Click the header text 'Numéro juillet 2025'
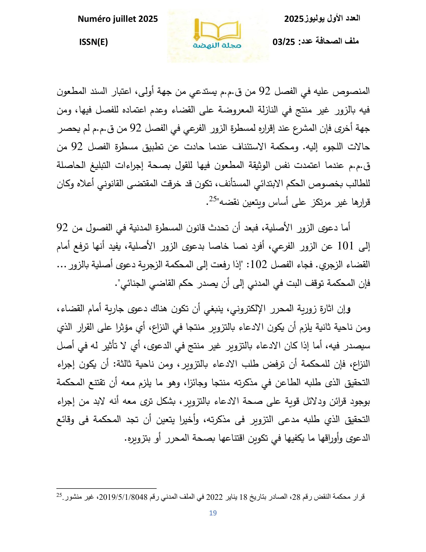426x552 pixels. pos(118,19)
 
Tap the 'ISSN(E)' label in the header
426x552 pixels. pos(93,42)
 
